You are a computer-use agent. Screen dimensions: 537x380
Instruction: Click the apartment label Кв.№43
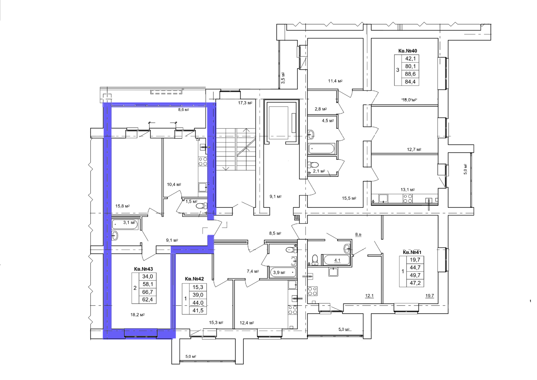[x=143, y=269]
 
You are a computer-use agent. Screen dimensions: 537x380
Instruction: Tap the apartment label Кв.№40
[x=407, y=51]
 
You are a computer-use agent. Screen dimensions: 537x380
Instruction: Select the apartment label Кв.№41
[x=412, y=252]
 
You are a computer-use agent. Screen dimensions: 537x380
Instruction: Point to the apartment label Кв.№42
[x=194, y=279]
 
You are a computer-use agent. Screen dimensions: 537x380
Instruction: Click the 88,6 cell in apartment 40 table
[x=410, y=74]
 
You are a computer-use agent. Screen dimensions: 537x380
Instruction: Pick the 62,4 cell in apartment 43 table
[x=147, y=300]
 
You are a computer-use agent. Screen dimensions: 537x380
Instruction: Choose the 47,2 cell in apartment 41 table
[x=415, y=283]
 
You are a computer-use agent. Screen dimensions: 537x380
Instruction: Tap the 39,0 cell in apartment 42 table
[x=198, y=295]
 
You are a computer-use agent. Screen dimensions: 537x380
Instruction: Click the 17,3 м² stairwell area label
[x=245, y=103]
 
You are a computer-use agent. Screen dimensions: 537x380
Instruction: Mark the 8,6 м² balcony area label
[x=183, y=110]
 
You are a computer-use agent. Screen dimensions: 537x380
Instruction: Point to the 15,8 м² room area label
[x=123, y=206]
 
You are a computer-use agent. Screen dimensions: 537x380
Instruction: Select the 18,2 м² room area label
[x=137, y=315]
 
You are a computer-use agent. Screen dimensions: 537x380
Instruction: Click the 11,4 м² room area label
[x=335, y=81]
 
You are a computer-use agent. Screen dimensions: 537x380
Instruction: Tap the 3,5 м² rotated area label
[x=283, y=78]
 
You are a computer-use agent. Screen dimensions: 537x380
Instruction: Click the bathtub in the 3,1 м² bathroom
[x=125, y=224]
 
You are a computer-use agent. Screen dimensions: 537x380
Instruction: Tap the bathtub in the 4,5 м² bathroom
[x=321, y=149]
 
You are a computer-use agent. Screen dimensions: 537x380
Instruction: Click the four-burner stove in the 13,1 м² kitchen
[x=408, y=199]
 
